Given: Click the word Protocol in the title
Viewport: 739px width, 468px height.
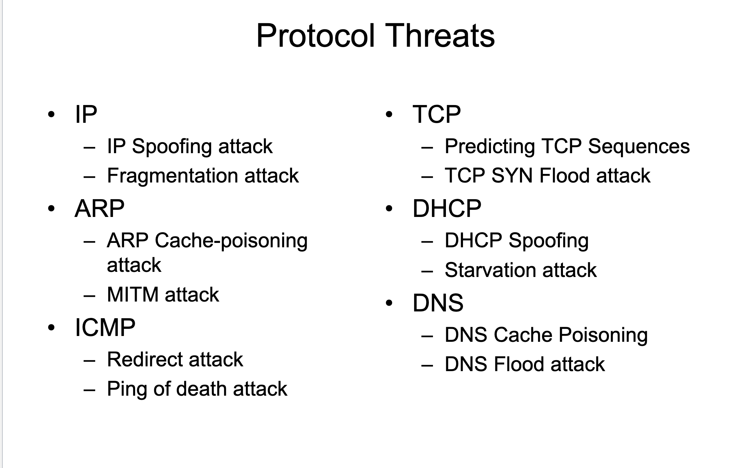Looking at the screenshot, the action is [316, 35].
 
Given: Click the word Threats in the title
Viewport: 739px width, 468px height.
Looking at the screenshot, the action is [441, 35].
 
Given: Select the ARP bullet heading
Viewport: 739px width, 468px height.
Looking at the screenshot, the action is [99, 208].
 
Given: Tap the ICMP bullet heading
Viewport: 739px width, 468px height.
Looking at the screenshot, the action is [105, 327].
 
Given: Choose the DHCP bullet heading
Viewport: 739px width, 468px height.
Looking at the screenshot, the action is [447, 208].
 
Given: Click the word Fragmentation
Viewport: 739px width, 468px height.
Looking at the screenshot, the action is [173, 176].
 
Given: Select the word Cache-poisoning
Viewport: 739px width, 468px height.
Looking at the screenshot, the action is [231, 241].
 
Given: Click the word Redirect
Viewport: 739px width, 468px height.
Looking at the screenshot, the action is [145, 360].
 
